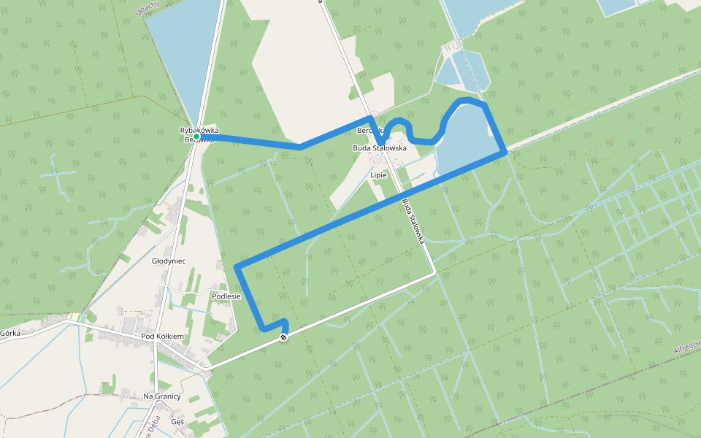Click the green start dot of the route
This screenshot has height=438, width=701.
[x=196, y=136]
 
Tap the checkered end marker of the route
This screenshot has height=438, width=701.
[x=283, y=337]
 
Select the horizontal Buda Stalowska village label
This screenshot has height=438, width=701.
[x=379, y=147]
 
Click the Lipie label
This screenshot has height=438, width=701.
[x=378, y=175]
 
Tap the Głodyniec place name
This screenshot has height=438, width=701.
[x=169, y=261]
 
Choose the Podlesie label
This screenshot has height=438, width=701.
[x=226, y=296]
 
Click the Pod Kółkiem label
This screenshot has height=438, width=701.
[x=163, y=337]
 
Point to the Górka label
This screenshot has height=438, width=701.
[x=9, y=333]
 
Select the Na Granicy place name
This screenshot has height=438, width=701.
[x=162, y=396]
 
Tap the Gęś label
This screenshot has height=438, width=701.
[x=177, y=422]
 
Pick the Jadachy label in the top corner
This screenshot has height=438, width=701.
[x=146, y=9]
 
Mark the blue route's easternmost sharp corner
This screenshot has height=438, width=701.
[x=505, y=152]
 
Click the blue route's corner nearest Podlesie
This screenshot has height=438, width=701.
[x=237, y=268]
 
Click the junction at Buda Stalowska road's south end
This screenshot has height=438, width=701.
[x=435, y=272]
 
